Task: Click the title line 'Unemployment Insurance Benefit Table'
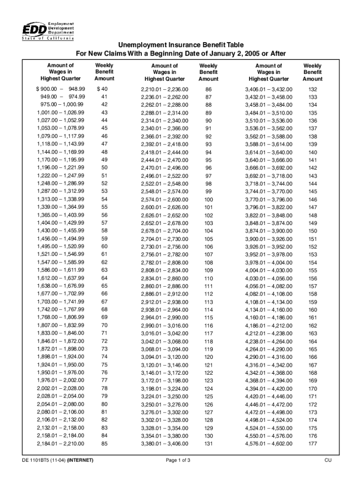click(180, 45)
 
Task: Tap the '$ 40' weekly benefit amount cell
click(102, 89)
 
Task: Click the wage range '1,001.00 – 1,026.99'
click(61, 113)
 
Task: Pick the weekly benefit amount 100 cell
click(208, 200)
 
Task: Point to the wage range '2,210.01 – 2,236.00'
click(165, 89)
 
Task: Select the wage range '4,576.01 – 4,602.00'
click(269, 444)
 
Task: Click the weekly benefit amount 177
click(313, 444)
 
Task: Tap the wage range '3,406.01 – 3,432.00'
click(269, 89)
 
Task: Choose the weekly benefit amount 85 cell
click(104, 443)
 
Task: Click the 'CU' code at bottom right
click(328, 461)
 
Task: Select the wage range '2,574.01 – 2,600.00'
click(165, 200)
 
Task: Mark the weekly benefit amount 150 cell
click(313, 231)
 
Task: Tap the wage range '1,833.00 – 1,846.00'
click(61, 333)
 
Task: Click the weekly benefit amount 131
click(208, 444)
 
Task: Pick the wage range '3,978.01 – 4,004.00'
click(269, 263)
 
